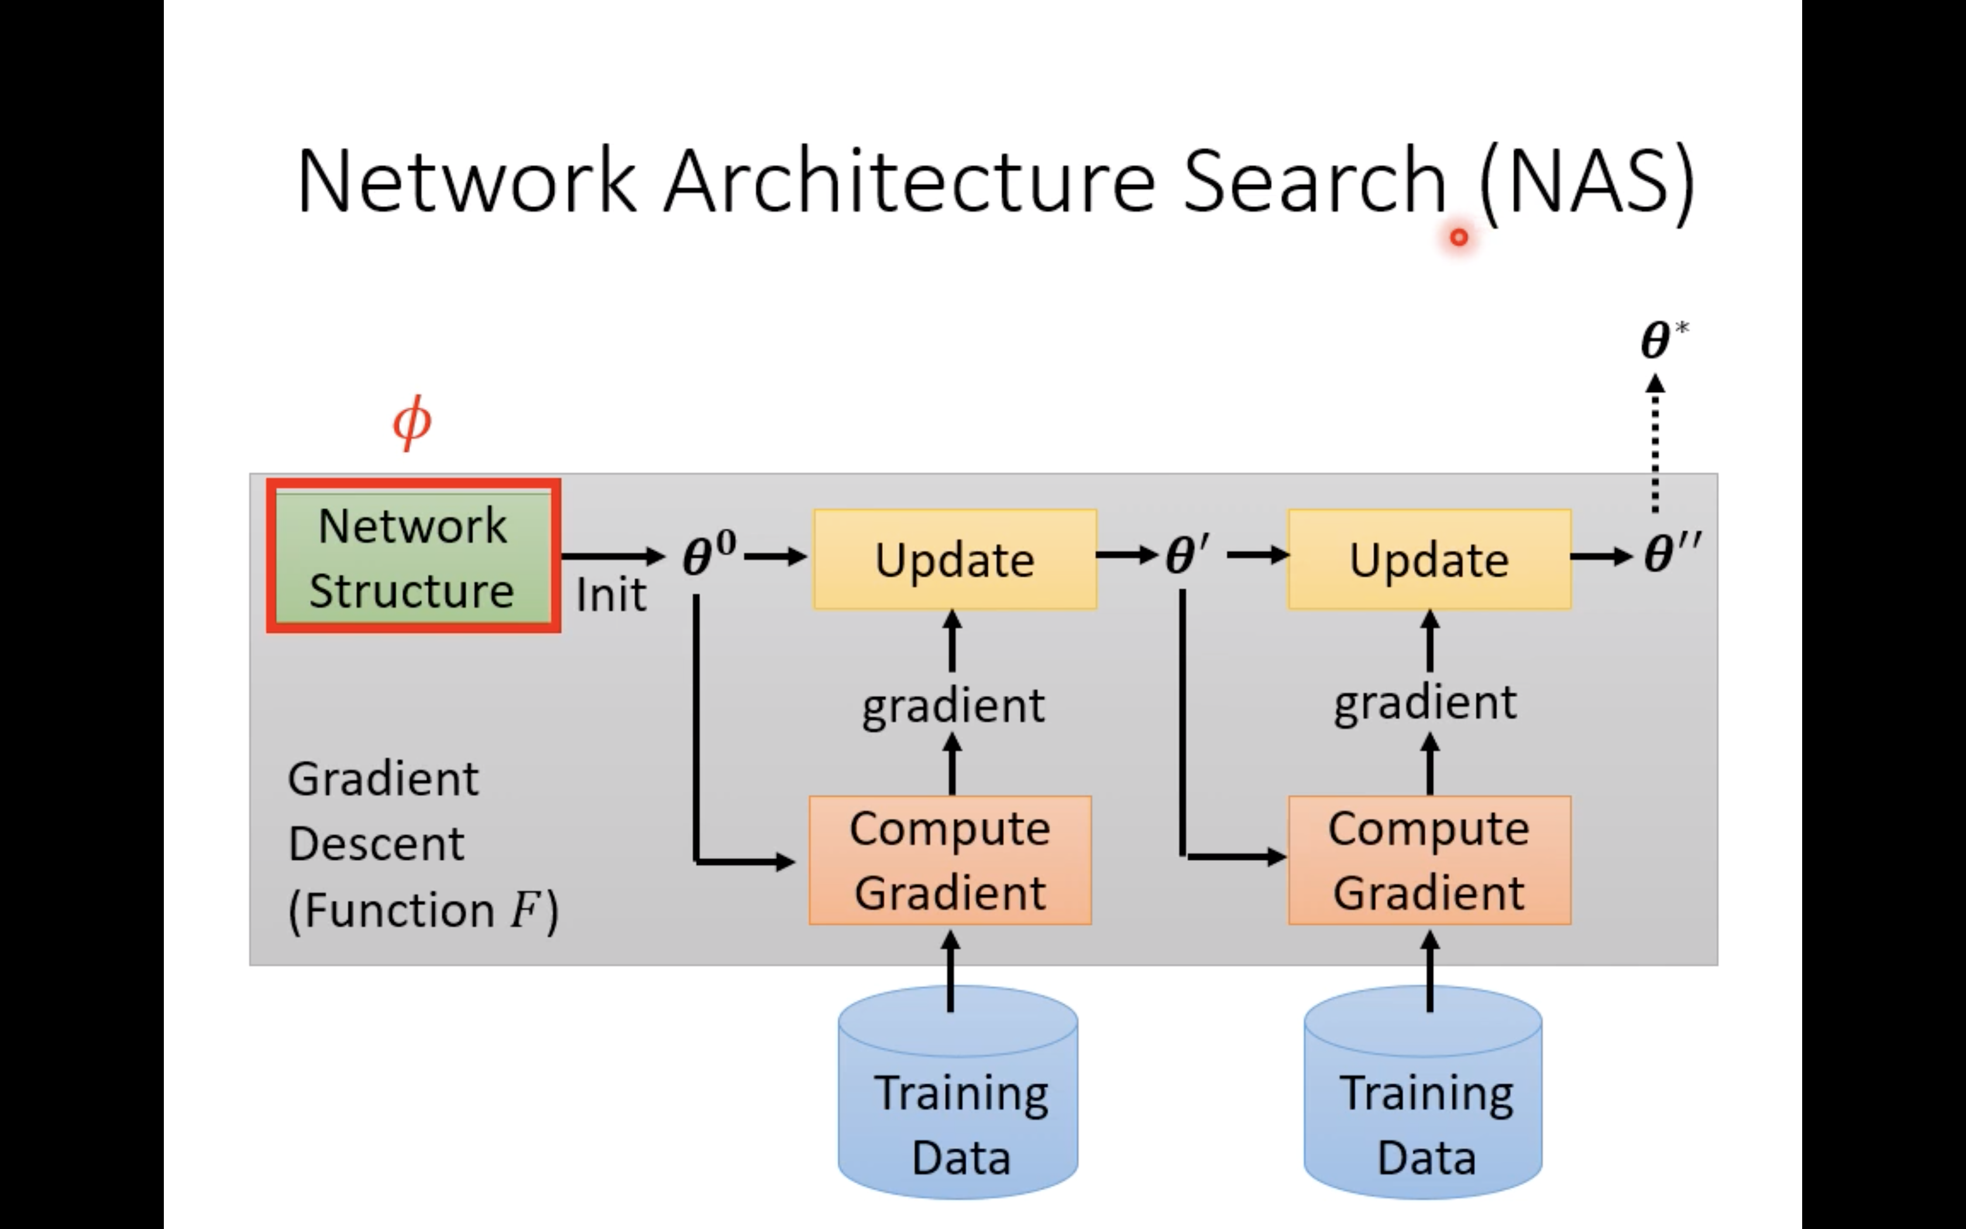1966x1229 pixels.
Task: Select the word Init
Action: (x=611, y=595)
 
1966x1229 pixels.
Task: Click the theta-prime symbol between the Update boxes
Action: (x=1187, y=555)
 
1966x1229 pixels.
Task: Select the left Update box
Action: (x=954, y=559)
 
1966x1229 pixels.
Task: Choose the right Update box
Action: (x=1429, y=559)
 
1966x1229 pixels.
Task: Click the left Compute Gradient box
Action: (x=950, y=860)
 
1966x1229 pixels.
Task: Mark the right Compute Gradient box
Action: (x=1429, y=860)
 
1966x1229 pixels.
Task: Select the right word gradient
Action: (x=1425, y=702)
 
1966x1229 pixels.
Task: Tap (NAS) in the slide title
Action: (x=1587, y=182)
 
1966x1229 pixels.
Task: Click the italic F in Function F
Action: (x=524, y=909)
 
